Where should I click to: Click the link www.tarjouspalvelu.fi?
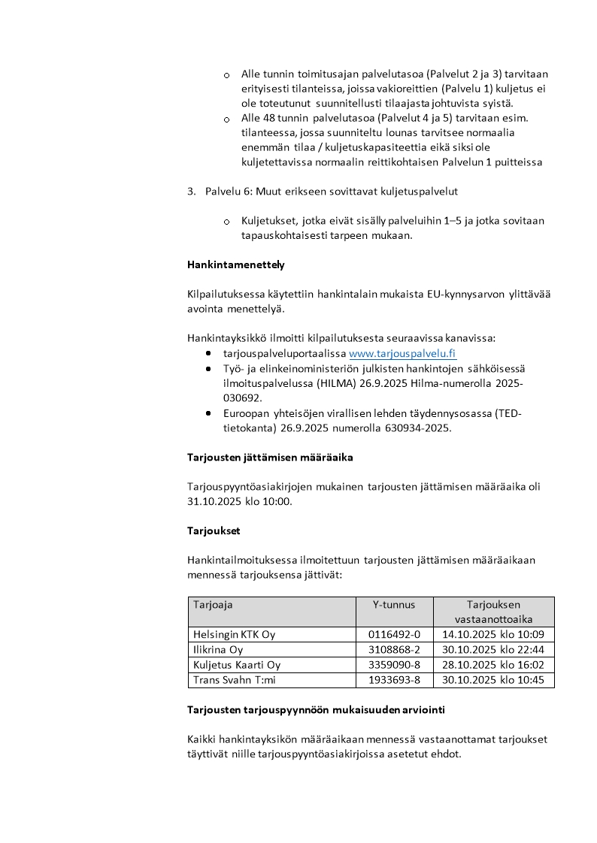tap(402, 353)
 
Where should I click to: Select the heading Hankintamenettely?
tap(235, 264)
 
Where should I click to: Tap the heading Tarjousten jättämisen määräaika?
tap(269, 457)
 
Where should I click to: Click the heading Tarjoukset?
tap(214, 530)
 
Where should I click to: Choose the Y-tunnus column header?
tap(394, 604)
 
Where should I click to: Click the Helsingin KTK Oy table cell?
tap(234, 634)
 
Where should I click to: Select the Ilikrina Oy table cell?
tap(218, 649)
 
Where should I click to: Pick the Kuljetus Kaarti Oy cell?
tap(237, 665)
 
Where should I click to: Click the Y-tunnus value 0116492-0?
tap(394, 634)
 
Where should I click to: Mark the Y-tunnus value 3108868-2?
tap(394, 649)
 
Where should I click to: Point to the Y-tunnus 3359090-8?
tap(394, 665)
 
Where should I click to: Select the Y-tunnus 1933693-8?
tap(394, 680)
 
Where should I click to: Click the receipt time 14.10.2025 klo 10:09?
tap(493, 634)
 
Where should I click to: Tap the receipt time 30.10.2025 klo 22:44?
tap(493, 649)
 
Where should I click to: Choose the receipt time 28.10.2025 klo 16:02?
tap(493, 665)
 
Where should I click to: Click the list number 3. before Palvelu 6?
tap(191, 191)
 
